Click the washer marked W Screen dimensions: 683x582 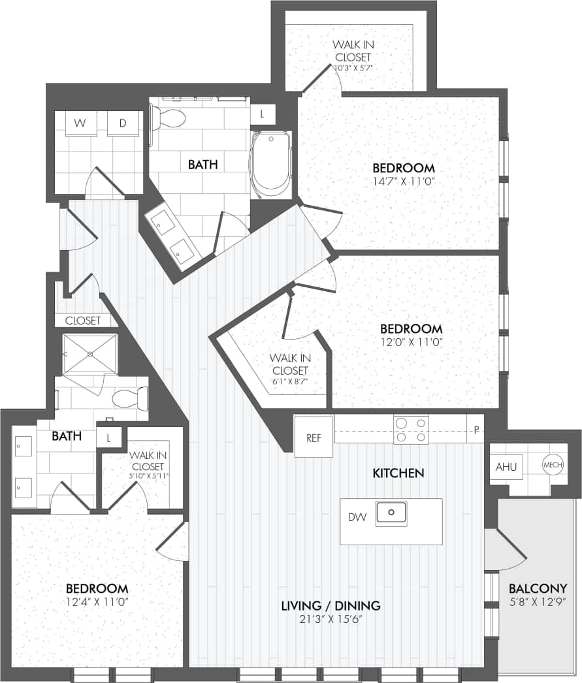[80, 123]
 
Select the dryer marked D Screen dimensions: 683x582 [122, 123]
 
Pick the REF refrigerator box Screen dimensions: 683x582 [314, 436]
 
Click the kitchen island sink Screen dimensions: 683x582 [391, 513]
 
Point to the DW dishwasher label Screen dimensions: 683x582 [357, 518]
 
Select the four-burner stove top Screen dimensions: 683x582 [411, 429]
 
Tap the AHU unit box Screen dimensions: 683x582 [506, 467]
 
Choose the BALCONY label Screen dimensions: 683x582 [538, 588]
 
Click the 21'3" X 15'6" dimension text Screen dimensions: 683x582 [331, 618]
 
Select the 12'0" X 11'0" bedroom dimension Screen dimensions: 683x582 [412, 341]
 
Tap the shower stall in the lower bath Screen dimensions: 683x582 [90, 353]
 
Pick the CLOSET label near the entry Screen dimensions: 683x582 [83, 321]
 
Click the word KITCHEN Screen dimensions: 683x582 [398, 473]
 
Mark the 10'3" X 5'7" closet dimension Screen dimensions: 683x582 [353, 67]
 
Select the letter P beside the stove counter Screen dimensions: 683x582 [477, 430]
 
